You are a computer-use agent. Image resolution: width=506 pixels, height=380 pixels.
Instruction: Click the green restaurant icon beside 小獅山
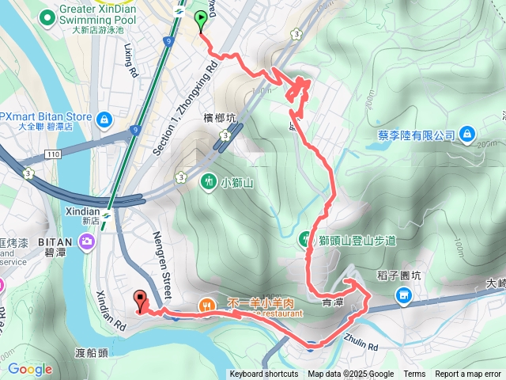point(208,181)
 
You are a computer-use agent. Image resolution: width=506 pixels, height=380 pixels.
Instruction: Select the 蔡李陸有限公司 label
point(410,135)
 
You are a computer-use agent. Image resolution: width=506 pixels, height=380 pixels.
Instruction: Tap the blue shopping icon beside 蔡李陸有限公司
point(467,134)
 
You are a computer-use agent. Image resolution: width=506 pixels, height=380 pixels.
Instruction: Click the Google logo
point(30,369)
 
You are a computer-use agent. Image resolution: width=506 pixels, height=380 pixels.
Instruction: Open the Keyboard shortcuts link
point(264,374)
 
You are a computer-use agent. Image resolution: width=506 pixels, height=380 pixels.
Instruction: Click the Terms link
point(414,374)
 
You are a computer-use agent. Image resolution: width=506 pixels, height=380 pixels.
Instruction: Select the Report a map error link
point(468,374)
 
